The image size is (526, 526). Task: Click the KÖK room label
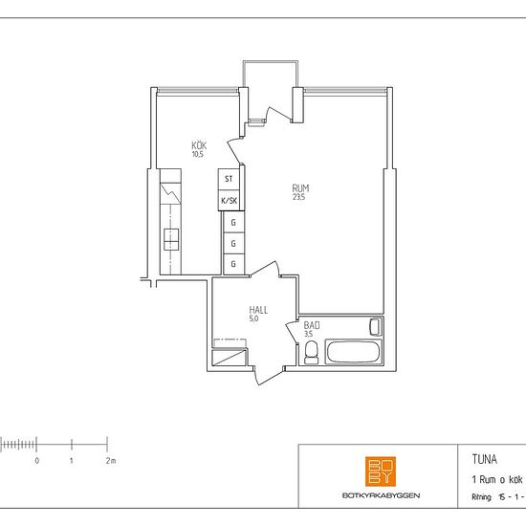[199, 145]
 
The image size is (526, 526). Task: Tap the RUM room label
[300, 187]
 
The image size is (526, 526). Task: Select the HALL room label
[258, 310]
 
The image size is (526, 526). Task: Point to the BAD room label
[312, 325]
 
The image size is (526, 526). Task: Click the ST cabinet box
[229, 179]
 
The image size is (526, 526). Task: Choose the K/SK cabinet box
[230, 201]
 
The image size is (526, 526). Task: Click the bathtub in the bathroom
[354, 352]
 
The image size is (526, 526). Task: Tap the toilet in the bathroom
[311, 352]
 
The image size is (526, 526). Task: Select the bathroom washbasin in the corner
[376, 326]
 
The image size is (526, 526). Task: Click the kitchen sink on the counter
[171, 239]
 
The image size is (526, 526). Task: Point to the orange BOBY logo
[381, 471]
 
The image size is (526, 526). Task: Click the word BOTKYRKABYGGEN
[381, 495]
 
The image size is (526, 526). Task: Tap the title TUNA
[485, 459]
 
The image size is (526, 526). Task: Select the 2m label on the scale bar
[111, 461]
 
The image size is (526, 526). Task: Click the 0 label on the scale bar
[37, 461]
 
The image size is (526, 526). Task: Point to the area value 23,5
[298, 197]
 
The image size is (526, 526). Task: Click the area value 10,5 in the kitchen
[198, 154]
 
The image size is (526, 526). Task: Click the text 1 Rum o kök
[497, 479]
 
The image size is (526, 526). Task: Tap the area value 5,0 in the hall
[254, 318]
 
